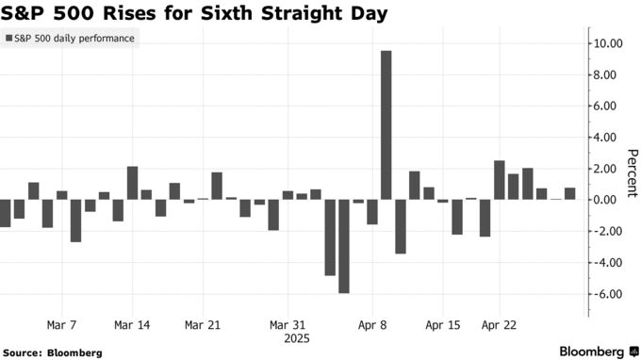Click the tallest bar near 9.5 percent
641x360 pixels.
(x=386, y=124)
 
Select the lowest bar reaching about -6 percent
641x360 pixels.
(x=344, y=246)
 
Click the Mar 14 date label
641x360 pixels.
(x=131, y=323)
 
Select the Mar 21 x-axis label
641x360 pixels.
(x=203, y=323)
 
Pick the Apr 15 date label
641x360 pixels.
(x=442, y=323)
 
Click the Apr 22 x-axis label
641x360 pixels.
(x=499, y=323)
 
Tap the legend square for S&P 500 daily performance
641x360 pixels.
(x=8, y=39)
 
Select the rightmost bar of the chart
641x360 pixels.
(x=569, y=193)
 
